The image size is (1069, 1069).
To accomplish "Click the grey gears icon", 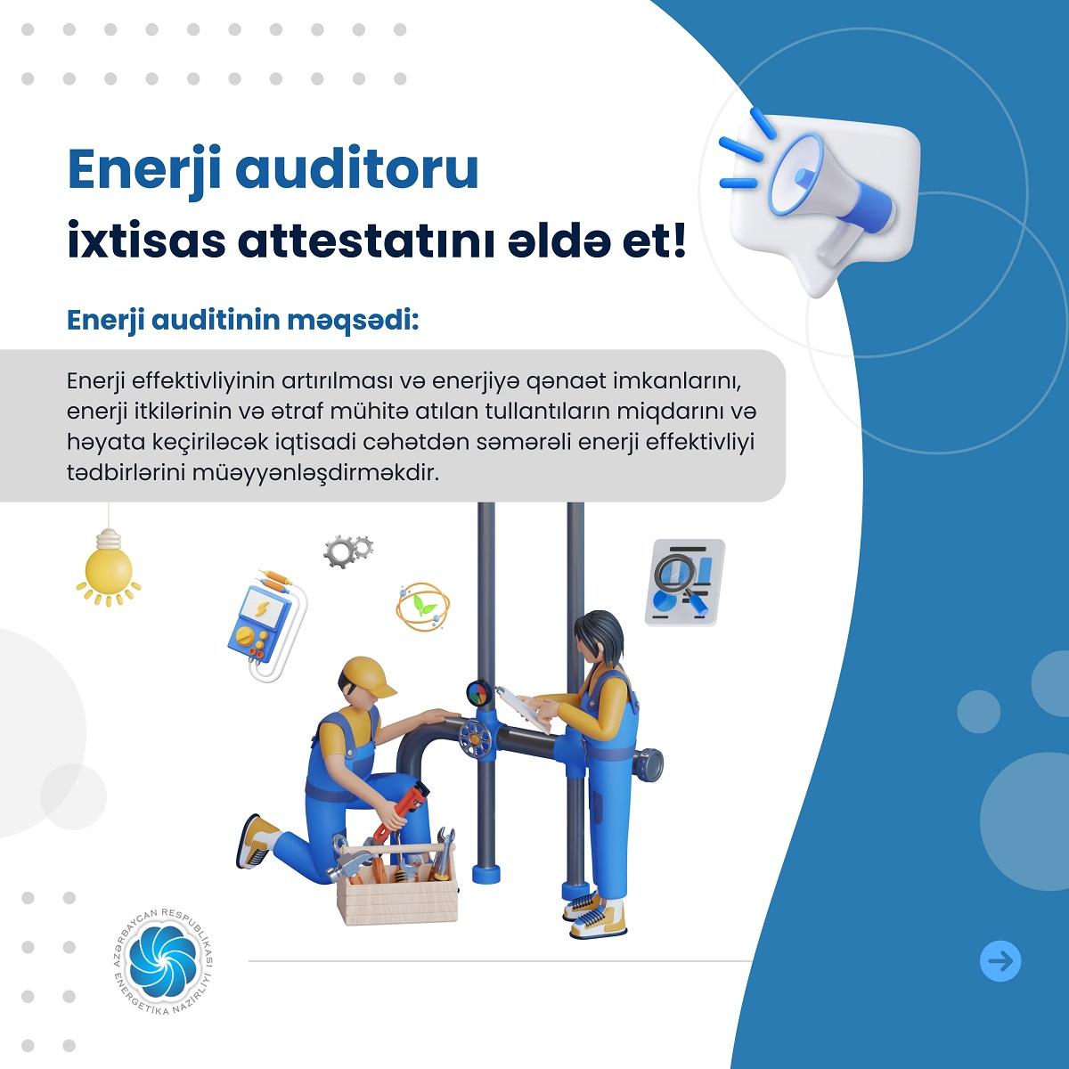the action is pyautogui.click(x=347, y=551).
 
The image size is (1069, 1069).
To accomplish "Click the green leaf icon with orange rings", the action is pyautogui.click(x=423, y=607).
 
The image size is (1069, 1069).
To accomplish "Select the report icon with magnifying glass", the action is pyautogui.click(x=685, y=583).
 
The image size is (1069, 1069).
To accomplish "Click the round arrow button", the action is pyautogui.click(x=1000, y=977).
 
